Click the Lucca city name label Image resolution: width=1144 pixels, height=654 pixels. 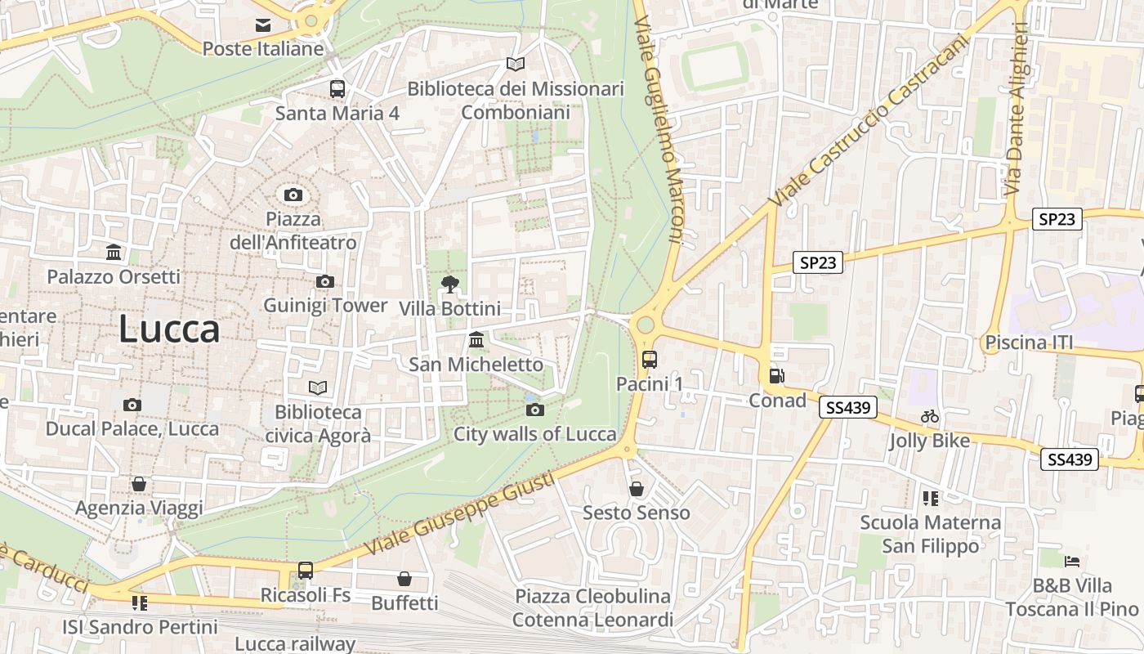coord(169,329)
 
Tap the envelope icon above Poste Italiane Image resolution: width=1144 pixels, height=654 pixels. coord(263,25)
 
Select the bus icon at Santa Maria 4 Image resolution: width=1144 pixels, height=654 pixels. coord(337,88)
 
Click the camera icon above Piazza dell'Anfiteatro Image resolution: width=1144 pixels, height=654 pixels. coord(293,195)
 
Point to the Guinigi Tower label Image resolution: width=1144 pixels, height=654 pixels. coord(325,305)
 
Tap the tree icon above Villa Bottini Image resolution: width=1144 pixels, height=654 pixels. coord(449,284)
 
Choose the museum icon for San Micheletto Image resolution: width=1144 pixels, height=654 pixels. coord(476,339)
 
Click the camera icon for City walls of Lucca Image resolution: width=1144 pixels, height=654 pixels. coord(535,410)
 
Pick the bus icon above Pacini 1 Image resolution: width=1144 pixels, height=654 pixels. coord(650,359)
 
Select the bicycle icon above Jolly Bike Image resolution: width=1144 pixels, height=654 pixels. coord(930,416)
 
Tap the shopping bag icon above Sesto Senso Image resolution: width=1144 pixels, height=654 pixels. coord(637,489)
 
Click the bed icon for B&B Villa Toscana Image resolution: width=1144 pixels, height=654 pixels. coord(1072,562)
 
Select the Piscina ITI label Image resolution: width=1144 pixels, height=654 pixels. coord(1029,342)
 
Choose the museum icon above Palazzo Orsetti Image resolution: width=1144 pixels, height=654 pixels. coord(114,252)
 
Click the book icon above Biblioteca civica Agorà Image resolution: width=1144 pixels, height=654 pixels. coord(318,387)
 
